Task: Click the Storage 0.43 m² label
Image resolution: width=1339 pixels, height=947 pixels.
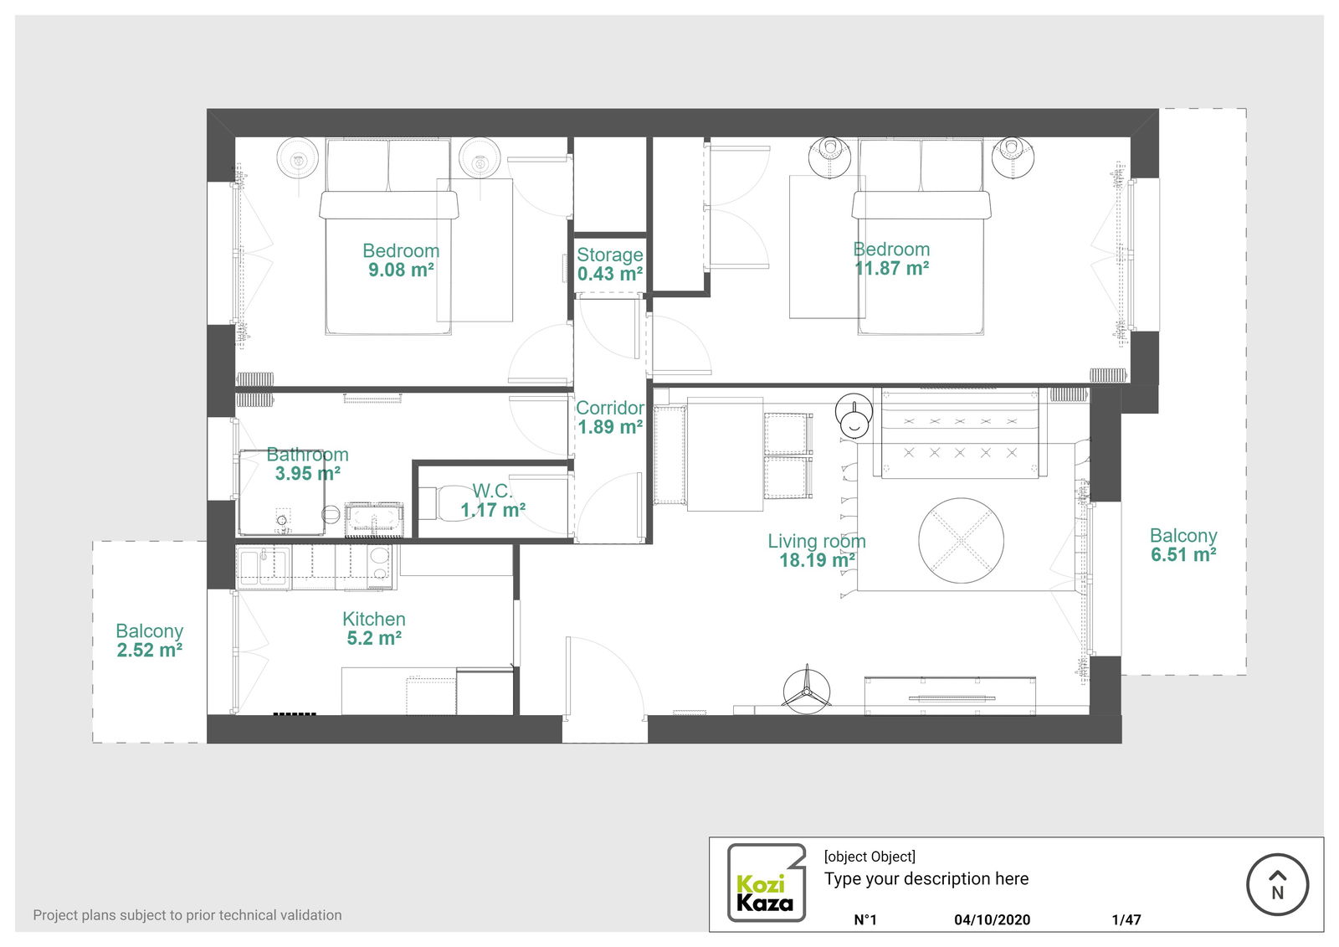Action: pyautogui.click(x=610, y=265)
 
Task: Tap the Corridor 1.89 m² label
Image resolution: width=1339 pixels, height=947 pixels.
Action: pyautogui.click(x=610, y=417)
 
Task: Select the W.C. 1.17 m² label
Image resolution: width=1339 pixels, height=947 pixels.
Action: pyautogui.click(x=493, y=501)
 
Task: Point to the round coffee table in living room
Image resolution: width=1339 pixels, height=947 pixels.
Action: pyautogui.click(x=961, y=541)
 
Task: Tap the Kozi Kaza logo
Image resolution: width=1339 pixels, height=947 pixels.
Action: pyautogui.click(x=765, y=883)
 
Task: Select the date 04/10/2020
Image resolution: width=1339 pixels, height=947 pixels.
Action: pyautogui.click(x=992, y=919)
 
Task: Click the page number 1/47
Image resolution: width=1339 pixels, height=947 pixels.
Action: pyautogui.click(x=1126, y=919)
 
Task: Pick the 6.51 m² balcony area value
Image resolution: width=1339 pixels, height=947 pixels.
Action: pyautogui.click(x=1183, y=555)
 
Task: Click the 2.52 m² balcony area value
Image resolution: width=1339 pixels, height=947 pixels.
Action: pyautogui.click(x=150, y=651)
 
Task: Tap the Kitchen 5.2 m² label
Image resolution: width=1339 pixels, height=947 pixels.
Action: pyautogui.click(x=374, y=629)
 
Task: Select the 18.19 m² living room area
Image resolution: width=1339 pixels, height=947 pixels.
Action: pyautogui.click(x=817, y=561)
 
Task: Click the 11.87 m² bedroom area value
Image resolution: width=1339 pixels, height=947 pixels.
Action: pyautogui.click(x=891, y=269)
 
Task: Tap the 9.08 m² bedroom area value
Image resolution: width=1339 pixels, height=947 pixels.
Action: pyautogui.click(x=401, y=270)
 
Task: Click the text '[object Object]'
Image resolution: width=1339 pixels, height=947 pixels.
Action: pyautogui.click(x=870, y=857)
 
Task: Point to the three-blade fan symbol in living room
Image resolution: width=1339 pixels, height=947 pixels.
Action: pyautogui.click(x=806, y=690)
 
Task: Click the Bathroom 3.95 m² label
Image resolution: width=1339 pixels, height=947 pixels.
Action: pyautogui.click(x=307, y=464)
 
